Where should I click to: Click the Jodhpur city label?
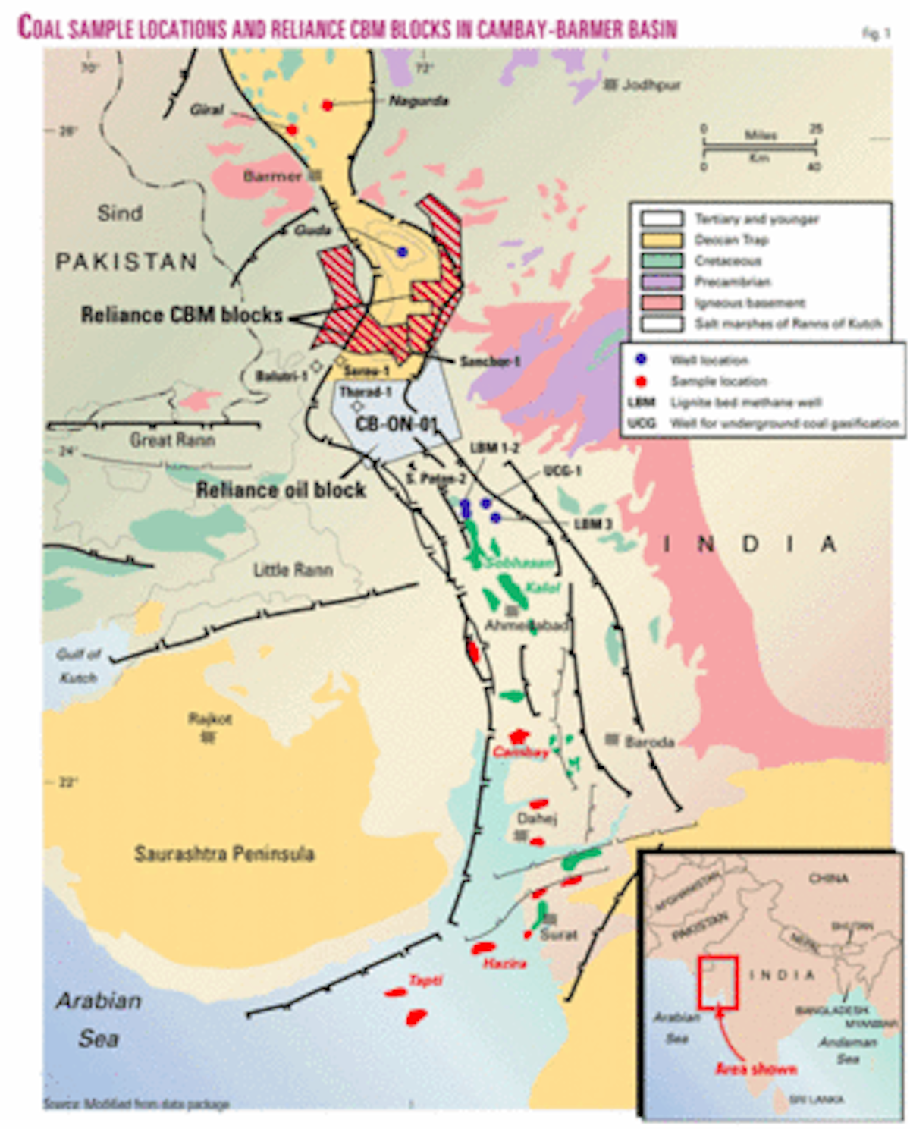point(651,85)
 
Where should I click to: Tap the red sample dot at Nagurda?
point(328,105)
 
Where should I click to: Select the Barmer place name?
point(273,177)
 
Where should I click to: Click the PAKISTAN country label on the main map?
point(127,262)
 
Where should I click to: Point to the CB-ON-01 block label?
point(397,423)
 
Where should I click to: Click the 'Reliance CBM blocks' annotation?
point(182,315)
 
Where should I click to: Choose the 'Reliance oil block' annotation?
point(281,490)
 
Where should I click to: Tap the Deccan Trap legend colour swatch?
point(661,241)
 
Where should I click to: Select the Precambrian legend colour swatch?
point(661,282)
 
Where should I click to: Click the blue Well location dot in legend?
point(642,359)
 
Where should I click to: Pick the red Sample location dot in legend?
point(642,380)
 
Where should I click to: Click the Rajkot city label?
point(210,718)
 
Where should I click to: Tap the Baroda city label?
point(649,741)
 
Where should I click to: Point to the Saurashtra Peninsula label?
point(224,854)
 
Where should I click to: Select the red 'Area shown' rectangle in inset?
point(717,983)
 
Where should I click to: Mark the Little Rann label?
point(293,570)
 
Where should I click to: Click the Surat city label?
point(559,935)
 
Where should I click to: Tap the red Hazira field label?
point(504,964)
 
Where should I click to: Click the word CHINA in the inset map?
point(828,879)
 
